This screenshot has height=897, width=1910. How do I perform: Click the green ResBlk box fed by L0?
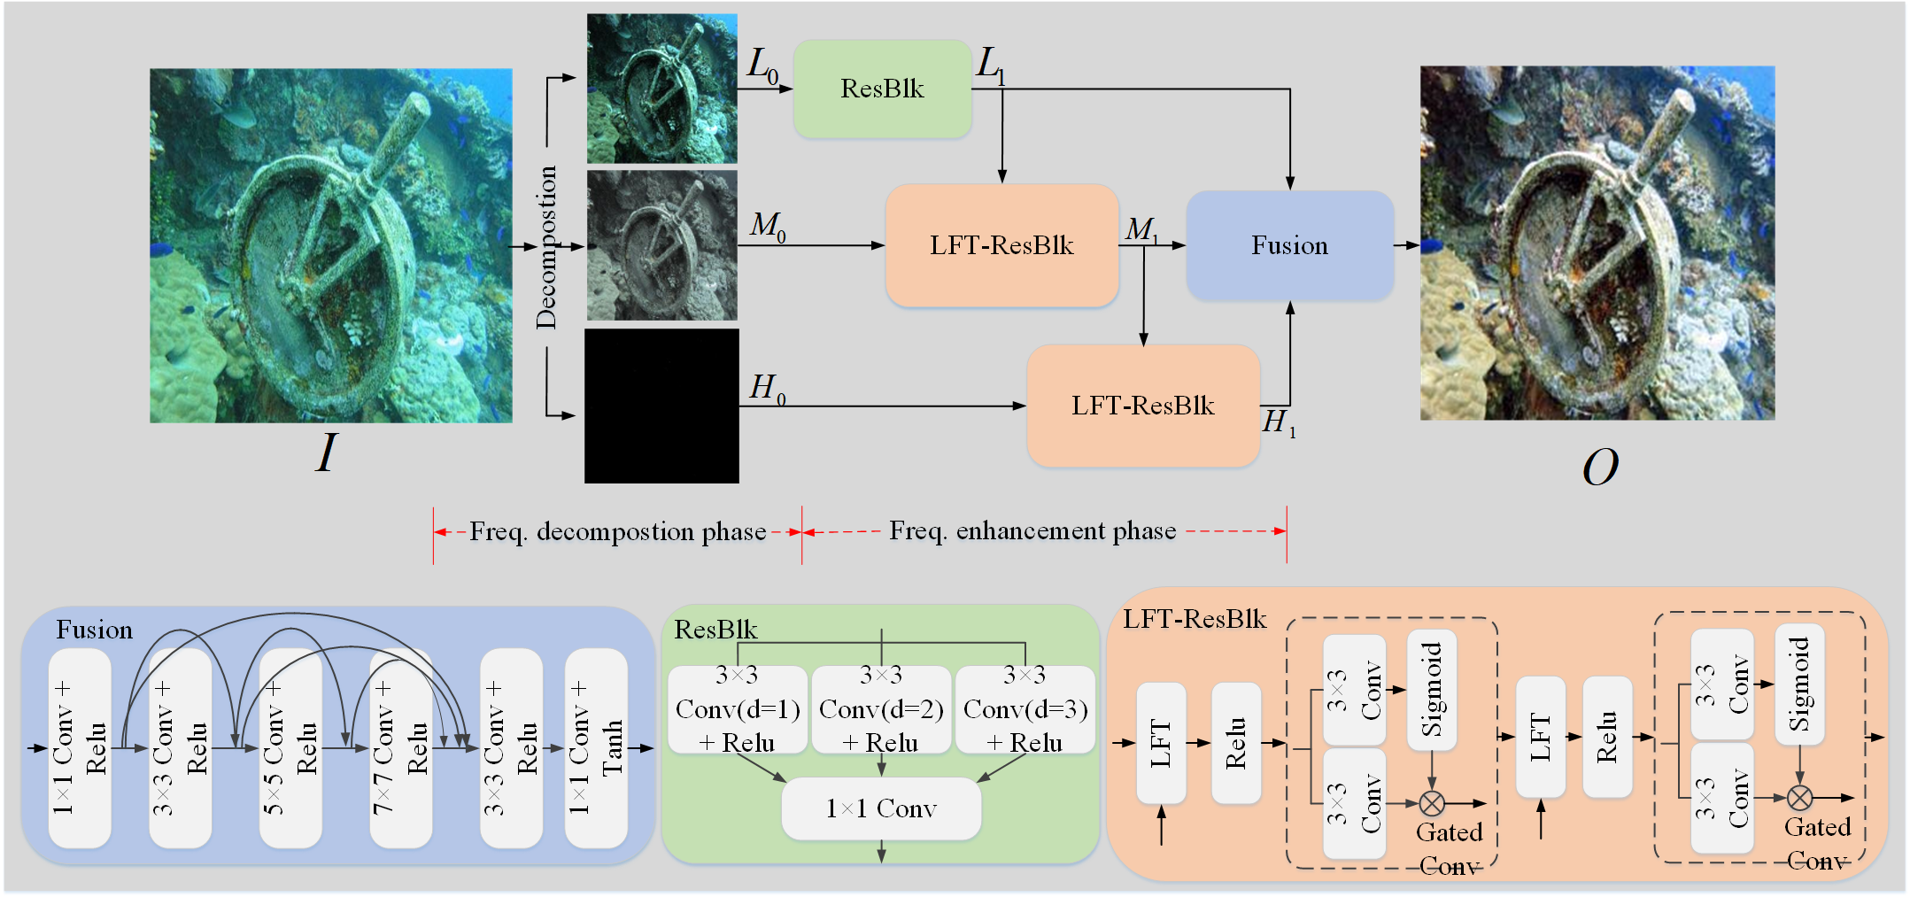(x=882, y=89)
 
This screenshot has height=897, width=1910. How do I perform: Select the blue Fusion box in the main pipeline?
(x=1289, y=245)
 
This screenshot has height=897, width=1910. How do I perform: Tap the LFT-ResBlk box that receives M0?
(x=1001, y=245)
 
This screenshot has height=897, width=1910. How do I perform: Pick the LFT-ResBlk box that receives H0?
(x=1142, y=406)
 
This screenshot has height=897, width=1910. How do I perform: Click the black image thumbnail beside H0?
(x=661, y=406)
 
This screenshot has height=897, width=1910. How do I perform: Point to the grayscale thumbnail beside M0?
(x=661, y=245)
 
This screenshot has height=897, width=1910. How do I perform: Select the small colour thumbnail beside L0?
(x=661, y=89)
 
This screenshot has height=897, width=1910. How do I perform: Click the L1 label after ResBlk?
(x=990, y=65)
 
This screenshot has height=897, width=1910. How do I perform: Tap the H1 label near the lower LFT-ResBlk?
(x=1278, y=422)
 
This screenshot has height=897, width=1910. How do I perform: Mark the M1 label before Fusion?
(x=1141, y=229)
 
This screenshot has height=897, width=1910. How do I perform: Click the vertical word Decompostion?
(x=546, y=248)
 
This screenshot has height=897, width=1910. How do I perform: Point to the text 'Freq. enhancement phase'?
(x=1032, y=530)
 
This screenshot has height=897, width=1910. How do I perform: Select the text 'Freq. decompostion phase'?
(x=617, y=531)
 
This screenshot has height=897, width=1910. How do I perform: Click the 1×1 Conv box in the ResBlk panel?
(x=881, y=808)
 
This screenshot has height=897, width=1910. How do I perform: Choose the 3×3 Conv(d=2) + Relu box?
(x=881, y=710)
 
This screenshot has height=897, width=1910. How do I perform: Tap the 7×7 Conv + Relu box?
(x=400, y=748)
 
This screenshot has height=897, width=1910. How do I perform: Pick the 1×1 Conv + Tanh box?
(x=596, y=748)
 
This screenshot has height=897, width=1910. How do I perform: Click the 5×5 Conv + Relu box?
(x=290, y=748)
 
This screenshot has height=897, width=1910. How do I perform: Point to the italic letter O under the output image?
(x=1599, y=467)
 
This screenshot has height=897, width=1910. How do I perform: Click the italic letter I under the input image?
(x=326, y=453)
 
